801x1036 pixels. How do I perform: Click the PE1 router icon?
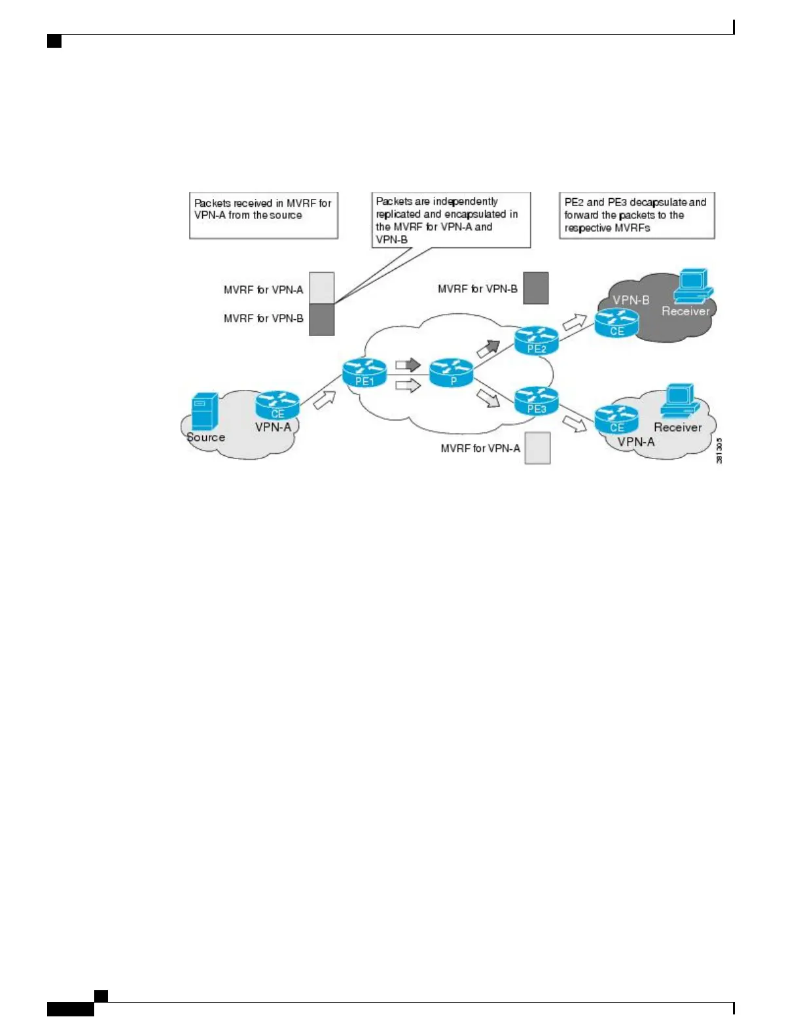(x=365, y=373)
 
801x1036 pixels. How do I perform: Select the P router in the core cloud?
(x=452, y=372)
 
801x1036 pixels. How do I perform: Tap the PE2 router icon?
(x=537, y=340)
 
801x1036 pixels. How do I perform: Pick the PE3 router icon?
(x=537, y=401)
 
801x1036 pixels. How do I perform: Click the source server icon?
(x=205, y=411)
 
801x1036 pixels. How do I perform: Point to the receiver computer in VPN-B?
(x=693, y=286)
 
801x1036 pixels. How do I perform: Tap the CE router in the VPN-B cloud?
(x=616, y=322)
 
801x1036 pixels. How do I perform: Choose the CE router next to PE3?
(x=616, y=419)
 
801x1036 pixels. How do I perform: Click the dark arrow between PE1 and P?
(x=408, y=364)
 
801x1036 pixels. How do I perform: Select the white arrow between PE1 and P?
(x=408, y=385)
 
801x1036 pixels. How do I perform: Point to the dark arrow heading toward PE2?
(x=488, y=348)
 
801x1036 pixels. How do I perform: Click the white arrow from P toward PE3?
(x=488, y=397)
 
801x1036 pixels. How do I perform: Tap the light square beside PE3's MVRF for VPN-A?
(x=538, y=448)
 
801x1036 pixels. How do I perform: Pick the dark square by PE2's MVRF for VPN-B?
(x=536, y=288)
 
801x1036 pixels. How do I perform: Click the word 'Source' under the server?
(x=206, y=438)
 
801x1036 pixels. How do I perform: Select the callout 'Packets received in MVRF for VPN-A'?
(x=264, y=215)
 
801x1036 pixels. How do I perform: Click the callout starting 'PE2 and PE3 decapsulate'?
(x=637, y=215)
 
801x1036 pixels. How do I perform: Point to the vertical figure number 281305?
(x=719, y=451)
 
